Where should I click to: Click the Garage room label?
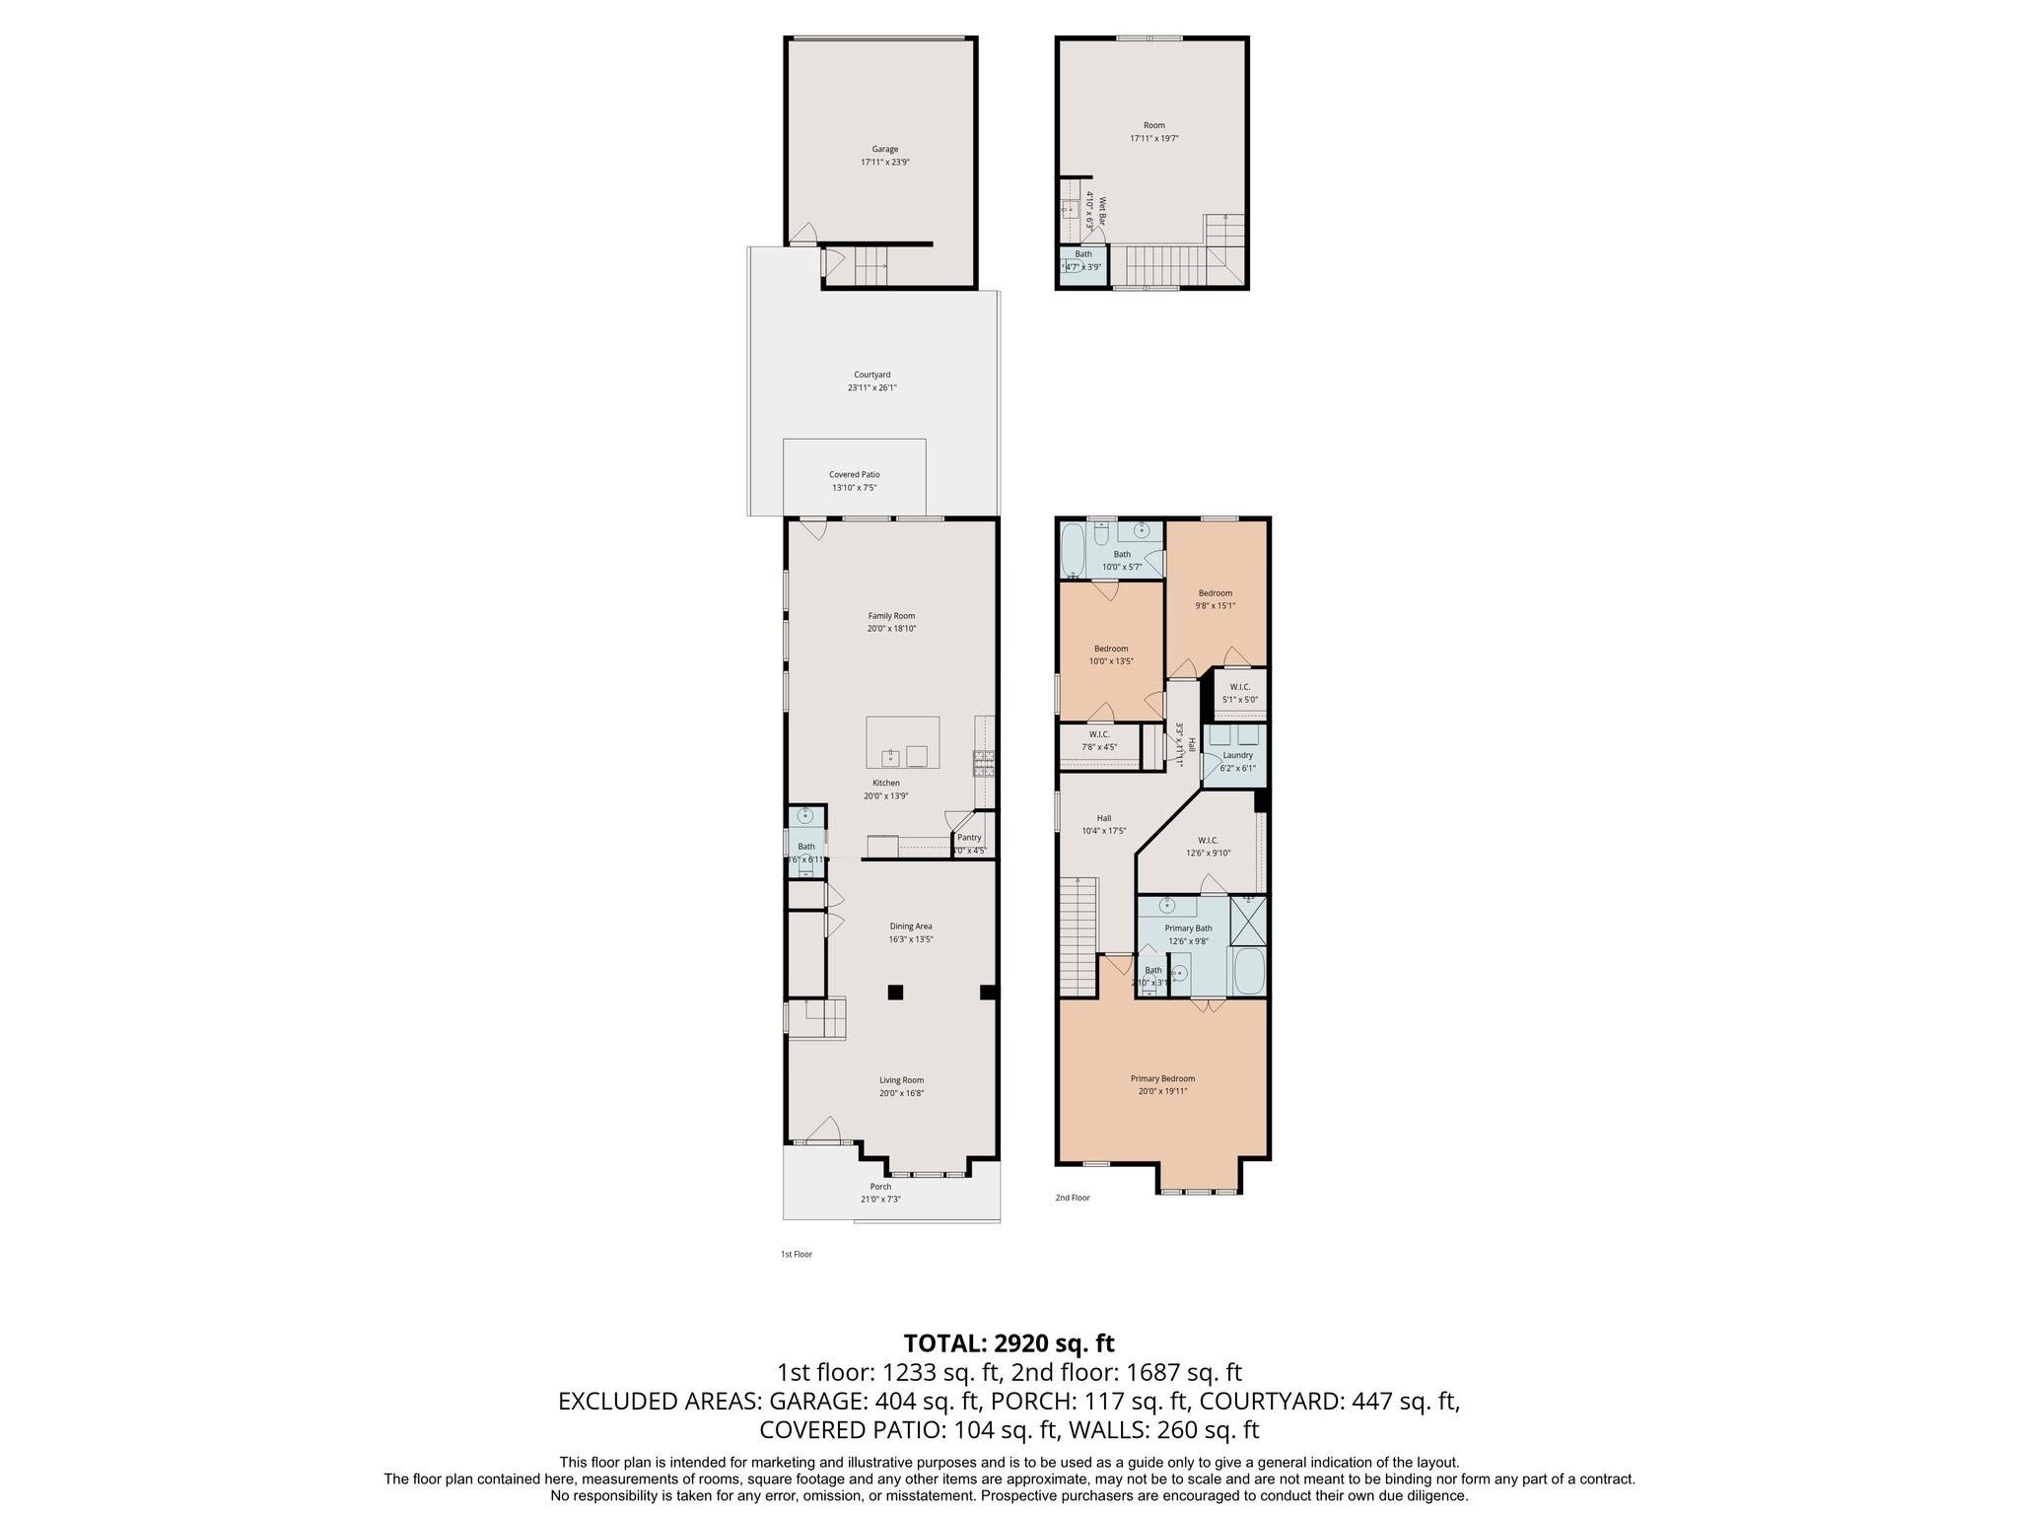point(884,149)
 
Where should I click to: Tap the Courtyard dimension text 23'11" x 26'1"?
point(871,388)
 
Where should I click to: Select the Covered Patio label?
point(854,475)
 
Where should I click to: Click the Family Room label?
point(891,616)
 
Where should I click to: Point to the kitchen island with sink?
point(902,742)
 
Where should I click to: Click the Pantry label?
point(968,838)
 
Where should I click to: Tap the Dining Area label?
point(910,927)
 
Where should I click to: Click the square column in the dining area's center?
point(895,993)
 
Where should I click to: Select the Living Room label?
point(901,1080)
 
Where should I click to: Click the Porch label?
point(880,1187)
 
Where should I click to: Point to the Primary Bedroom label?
point(1162,1078)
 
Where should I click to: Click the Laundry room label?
point(1237,755)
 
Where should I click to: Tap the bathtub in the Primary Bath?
point(1248,972)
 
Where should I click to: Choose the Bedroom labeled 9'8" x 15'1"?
point(1215,593)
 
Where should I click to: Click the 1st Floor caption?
point(796,1255)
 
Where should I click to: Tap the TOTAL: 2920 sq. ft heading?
point(1009,1342)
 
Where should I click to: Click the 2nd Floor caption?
point(1073,1198)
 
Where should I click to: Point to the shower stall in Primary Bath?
point(1248,921)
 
